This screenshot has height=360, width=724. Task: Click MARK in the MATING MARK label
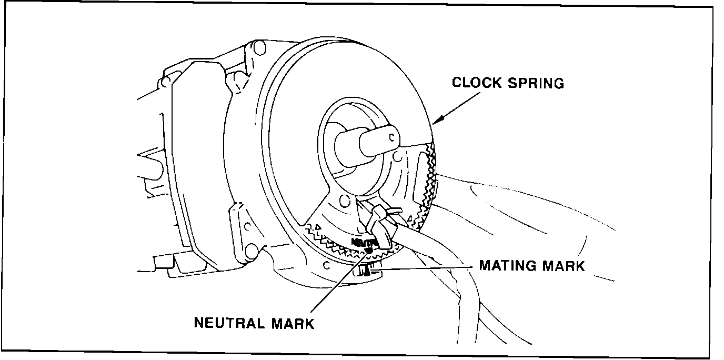(x=563, y=266)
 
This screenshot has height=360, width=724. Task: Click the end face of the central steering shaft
(x=387, y=139)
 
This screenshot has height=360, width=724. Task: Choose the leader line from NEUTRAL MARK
(x=337, y=284)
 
